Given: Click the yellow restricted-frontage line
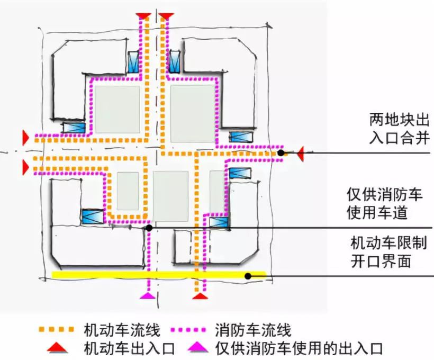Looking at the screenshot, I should tap(159, 275).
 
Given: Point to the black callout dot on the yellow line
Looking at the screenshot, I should tap(247, 275).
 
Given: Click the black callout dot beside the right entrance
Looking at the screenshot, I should tap(281, 153).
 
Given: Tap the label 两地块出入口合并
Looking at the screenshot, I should tap(400, 128).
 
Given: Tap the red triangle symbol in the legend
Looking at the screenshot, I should tap(56, 348).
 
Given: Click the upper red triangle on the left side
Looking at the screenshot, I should tap(24, 137).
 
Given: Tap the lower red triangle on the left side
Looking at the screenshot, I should tap(24, 167).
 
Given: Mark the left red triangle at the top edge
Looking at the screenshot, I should tap(143, 16).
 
